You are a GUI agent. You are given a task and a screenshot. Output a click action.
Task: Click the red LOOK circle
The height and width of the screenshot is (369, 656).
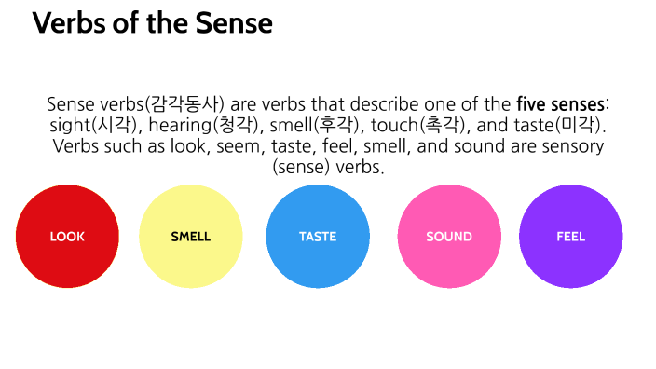pos(67,237)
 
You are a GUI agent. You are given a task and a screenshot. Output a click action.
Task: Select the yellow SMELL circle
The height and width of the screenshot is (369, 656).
pos(190,237)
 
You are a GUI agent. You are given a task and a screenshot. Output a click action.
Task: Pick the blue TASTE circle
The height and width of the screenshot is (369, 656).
pos(318,237)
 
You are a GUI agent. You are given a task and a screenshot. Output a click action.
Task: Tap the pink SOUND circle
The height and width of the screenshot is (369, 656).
pos(449,237)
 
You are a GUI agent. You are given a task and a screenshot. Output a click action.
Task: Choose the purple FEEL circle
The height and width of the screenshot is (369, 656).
pos(570,237)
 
